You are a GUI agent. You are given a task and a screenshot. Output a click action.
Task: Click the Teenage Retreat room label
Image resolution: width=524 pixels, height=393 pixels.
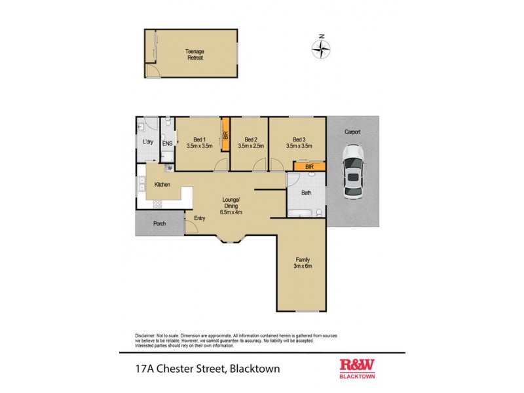(195, 55)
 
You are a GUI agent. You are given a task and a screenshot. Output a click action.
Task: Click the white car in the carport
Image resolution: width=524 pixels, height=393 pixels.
(352, 175)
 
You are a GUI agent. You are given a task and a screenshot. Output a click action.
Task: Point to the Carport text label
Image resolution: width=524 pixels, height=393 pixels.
(352, 132)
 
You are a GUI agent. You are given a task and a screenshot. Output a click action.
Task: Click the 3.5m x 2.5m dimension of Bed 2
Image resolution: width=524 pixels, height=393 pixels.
(250, 146)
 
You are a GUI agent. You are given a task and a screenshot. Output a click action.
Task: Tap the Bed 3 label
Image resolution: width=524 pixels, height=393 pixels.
(298, 139)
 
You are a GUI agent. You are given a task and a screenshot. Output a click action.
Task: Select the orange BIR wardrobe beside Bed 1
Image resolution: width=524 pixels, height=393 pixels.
(225, 136)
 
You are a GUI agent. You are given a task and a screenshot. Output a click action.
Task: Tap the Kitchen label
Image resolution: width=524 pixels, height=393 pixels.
(162, 185)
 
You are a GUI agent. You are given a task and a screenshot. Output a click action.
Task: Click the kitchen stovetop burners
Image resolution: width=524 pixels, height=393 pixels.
(141, 187)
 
